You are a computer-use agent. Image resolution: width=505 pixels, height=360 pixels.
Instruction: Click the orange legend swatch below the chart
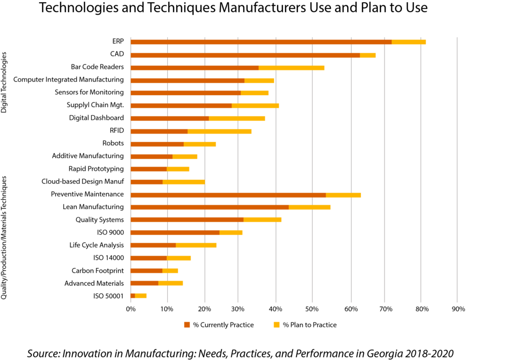coord(187,325)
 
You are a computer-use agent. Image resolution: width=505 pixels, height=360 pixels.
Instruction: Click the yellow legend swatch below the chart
coord(277,325)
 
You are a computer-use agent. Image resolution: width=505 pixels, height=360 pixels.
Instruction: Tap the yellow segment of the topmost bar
coord(409,42)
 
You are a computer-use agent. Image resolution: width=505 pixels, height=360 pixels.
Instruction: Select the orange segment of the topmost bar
coord(261,42)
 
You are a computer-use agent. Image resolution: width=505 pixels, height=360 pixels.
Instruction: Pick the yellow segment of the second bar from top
coord(368,55)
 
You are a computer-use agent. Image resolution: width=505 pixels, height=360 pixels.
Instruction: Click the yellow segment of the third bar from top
coord(291,68)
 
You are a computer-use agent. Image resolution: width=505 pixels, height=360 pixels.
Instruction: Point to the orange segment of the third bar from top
coord(195,68)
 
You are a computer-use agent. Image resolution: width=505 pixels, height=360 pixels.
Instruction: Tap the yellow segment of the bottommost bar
coord(141,295)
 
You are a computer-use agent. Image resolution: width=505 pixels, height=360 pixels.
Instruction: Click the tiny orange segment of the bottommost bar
coord(133,295)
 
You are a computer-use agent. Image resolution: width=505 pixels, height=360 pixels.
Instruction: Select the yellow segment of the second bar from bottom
coord(171,283)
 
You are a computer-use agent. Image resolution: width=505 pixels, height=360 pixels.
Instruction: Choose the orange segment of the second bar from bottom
coord(144,283)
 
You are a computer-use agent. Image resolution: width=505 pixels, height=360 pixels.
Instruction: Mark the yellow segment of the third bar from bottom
coord(170,271)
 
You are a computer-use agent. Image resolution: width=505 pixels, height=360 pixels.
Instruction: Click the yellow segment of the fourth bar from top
coord(259,80)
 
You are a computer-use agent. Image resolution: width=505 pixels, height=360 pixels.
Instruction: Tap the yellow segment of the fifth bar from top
coord(255,92)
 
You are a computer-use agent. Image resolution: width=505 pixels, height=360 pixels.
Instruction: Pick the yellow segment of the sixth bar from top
coord(256,106)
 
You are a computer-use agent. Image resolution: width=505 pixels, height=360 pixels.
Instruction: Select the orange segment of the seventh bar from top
coord(169,118)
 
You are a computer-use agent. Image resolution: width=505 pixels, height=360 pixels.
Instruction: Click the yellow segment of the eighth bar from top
coord(220,131)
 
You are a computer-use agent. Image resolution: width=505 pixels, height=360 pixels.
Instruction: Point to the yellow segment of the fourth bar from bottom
coord(179,258)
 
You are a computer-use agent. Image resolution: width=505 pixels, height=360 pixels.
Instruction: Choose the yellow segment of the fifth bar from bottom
coord(196,245)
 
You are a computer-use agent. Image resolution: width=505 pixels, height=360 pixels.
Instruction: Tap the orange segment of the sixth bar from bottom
coord(175,232)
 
